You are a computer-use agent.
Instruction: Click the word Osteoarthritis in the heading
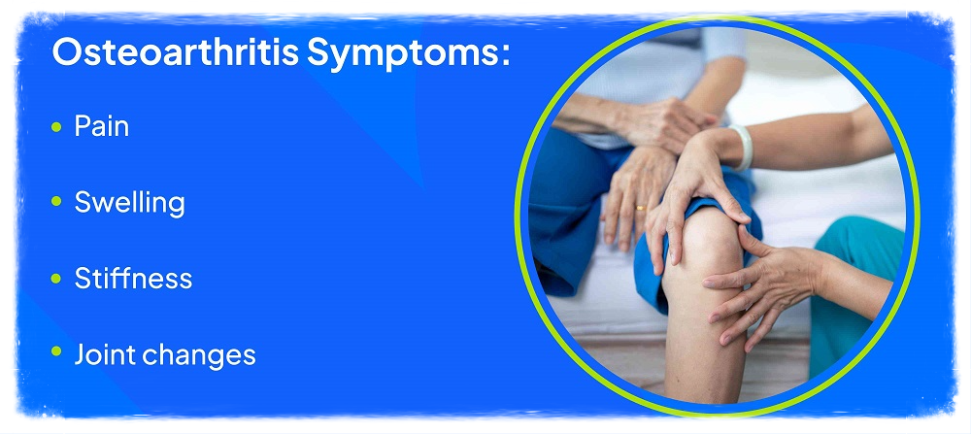pos(175,52)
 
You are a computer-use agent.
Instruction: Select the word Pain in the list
pos(102,126)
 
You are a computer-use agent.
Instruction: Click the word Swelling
pos(129,204)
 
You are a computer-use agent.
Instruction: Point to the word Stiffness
pos(133,278)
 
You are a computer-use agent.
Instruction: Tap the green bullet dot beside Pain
pos(57,127)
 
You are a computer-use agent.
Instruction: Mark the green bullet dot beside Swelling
pos(57,202)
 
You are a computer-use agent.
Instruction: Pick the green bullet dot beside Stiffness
pos(57,278)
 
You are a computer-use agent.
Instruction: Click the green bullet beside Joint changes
pos(57,351)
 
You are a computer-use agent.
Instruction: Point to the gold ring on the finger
pos(640,208)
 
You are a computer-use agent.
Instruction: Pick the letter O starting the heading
pos(66,52)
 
